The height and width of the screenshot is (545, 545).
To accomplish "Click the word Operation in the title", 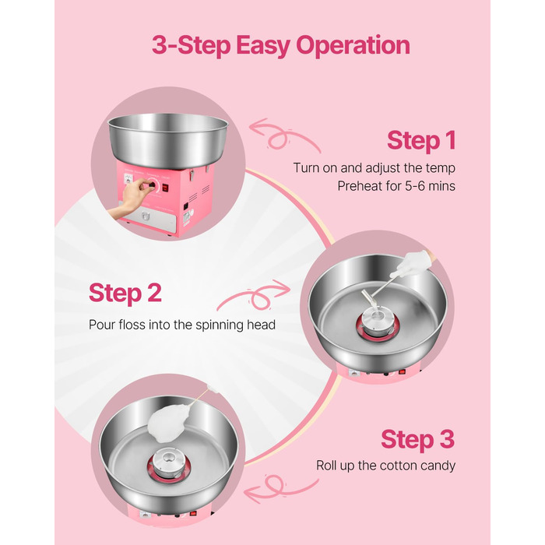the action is pos(353,45).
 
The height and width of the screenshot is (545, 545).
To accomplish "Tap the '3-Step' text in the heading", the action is pos(192,45).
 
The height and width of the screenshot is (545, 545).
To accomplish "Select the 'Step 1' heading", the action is pos(421,140).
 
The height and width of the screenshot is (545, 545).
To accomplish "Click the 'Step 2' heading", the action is pos(125,293).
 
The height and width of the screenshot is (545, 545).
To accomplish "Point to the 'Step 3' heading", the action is pos(418,440).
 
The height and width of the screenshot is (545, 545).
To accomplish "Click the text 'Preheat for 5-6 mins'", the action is pos(396,186).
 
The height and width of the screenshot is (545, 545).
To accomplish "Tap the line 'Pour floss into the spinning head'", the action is pos(182,325).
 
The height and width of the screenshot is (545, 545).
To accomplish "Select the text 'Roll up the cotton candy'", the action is pos(385,466).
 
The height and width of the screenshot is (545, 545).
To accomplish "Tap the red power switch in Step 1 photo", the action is pos(165,188).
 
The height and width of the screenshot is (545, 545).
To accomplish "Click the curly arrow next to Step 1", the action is pos(284,135).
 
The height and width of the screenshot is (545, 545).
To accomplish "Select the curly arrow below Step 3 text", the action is pos(281,488).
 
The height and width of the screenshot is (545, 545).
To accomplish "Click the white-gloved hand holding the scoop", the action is pos(416,263).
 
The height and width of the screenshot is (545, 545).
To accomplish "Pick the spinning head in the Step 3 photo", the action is pos(168,462).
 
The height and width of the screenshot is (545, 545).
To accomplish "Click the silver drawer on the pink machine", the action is pos(150,219).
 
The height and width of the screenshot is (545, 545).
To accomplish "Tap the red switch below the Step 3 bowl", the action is pos(193,513).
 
